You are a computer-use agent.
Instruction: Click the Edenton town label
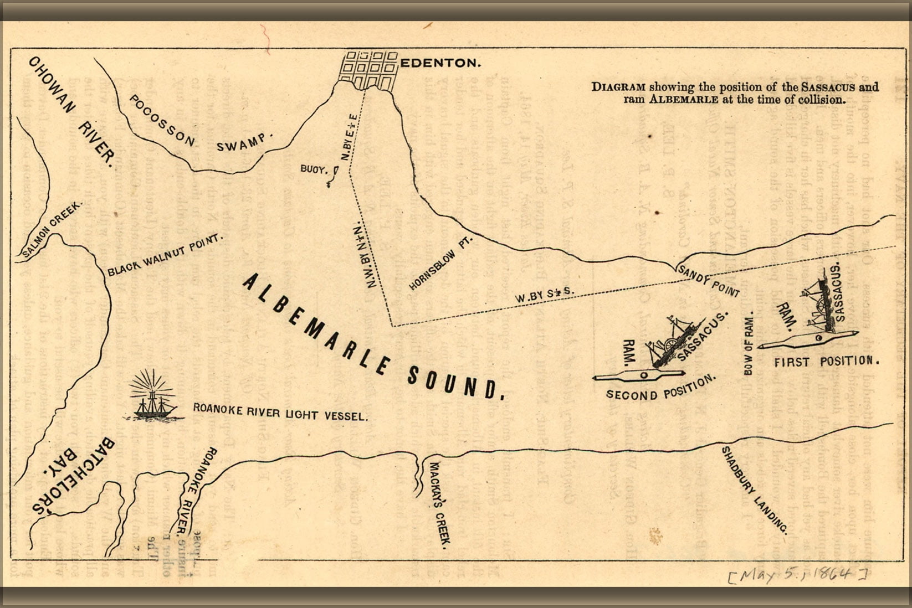coord(440,63)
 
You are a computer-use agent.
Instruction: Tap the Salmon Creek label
coord(53,229)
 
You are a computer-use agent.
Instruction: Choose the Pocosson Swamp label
coord(199,128)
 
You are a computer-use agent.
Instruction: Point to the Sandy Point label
coord(709,281)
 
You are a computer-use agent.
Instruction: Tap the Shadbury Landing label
coord(754,490)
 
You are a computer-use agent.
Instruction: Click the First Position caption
coord(826,362)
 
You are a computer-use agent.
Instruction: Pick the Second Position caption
coord(660,389)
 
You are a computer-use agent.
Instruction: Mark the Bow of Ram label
coord(749,343)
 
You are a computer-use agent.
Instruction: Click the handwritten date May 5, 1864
coord(797,575)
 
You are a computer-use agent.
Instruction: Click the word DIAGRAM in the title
coord(618,87)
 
